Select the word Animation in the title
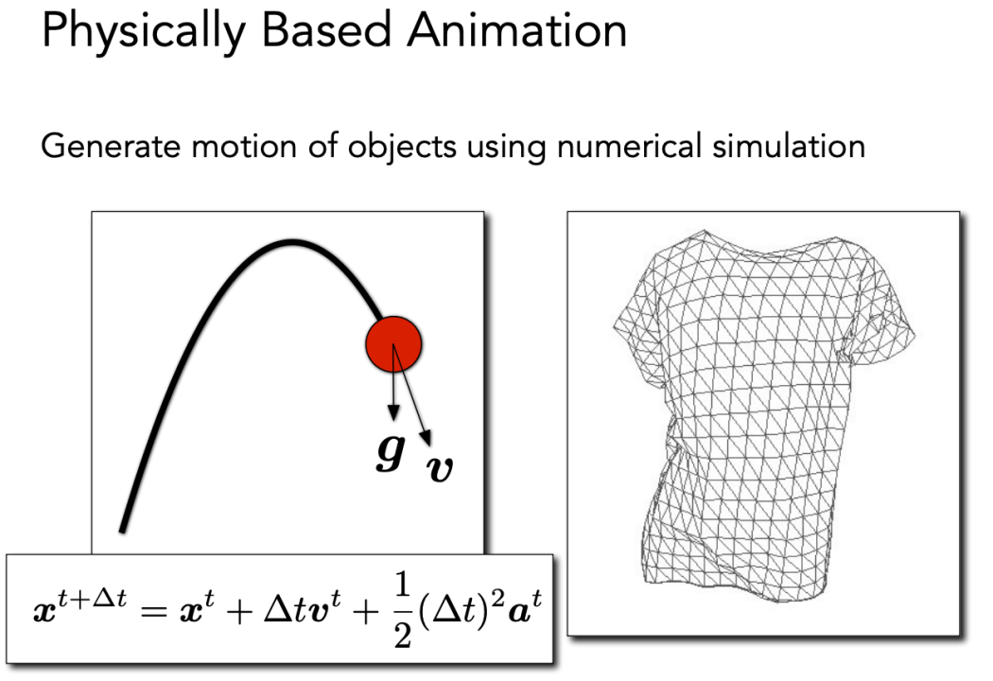516,29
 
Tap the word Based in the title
326,29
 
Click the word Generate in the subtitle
111,146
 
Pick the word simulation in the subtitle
789,146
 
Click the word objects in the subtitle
402,147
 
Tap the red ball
393,344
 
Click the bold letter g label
390,452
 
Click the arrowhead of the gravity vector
393,412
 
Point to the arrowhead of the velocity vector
427,438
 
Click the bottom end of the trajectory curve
123,531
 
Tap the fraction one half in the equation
403,609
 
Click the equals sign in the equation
154,612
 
